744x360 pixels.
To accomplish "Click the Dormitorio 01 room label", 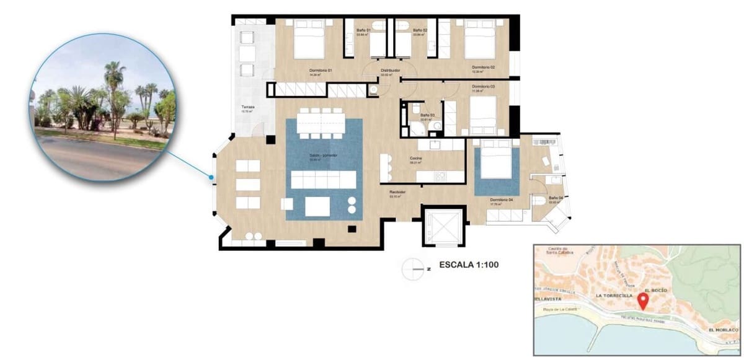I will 321,71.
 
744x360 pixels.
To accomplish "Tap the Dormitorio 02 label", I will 483,67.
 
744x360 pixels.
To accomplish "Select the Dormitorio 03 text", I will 483,86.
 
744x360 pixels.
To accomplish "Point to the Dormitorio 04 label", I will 501,200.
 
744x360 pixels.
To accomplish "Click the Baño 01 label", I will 363,30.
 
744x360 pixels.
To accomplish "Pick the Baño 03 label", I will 426,116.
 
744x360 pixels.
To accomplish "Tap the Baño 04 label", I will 556,198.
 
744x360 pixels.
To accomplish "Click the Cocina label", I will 416,159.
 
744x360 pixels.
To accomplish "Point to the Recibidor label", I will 397,193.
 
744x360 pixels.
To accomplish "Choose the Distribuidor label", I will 390,71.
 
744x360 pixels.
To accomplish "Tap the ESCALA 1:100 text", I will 469,265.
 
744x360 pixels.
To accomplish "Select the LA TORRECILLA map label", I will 614,296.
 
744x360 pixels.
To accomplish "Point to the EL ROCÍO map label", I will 655,290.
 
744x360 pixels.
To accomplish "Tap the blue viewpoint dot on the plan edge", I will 211,178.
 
